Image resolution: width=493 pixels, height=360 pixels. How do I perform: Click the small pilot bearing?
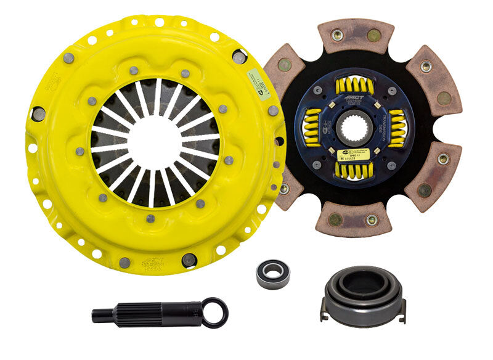coord(272,272)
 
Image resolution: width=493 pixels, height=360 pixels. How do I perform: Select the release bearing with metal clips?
coord(353,293)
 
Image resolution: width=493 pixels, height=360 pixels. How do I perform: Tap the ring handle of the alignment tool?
coord(216,312)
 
